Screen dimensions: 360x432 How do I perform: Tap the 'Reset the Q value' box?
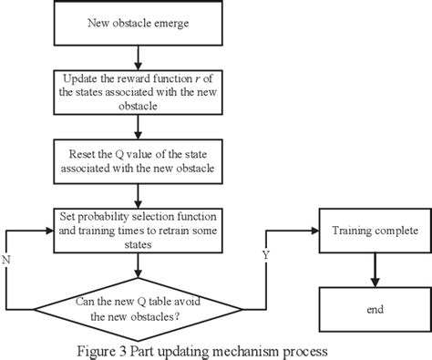137,158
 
